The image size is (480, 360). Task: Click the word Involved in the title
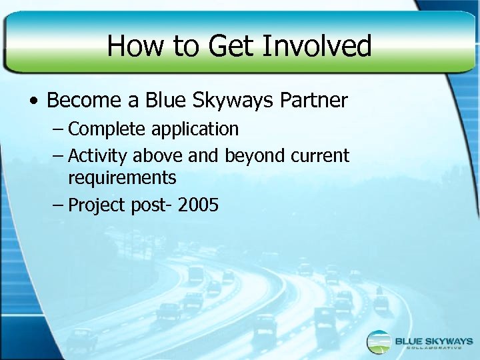317,46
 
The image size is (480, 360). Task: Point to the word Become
85,101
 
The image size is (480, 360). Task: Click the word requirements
122,178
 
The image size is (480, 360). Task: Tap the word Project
97,205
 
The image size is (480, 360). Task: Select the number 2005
198,205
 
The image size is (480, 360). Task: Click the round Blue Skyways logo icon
379,341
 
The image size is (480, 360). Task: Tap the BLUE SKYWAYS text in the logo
433,339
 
